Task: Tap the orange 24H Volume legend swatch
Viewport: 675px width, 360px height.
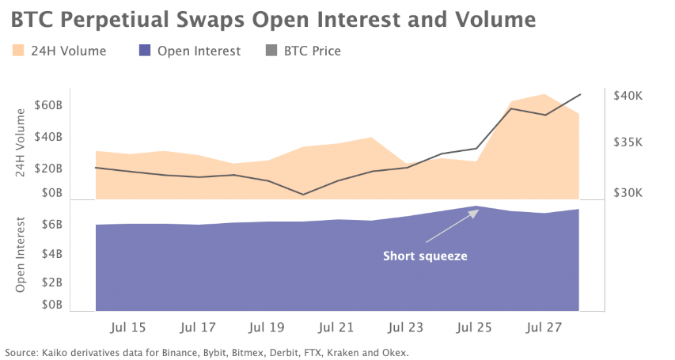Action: coord(19,51)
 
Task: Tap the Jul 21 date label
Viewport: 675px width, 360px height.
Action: coord(337,327)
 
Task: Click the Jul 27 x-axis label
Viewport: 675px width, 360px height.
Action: coord(544,327)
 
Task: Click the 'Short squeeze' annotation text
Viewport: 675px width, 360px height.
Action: coord(425,256)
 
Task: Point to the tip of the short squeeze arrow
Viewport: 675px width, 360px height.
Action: coord(477,211)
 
